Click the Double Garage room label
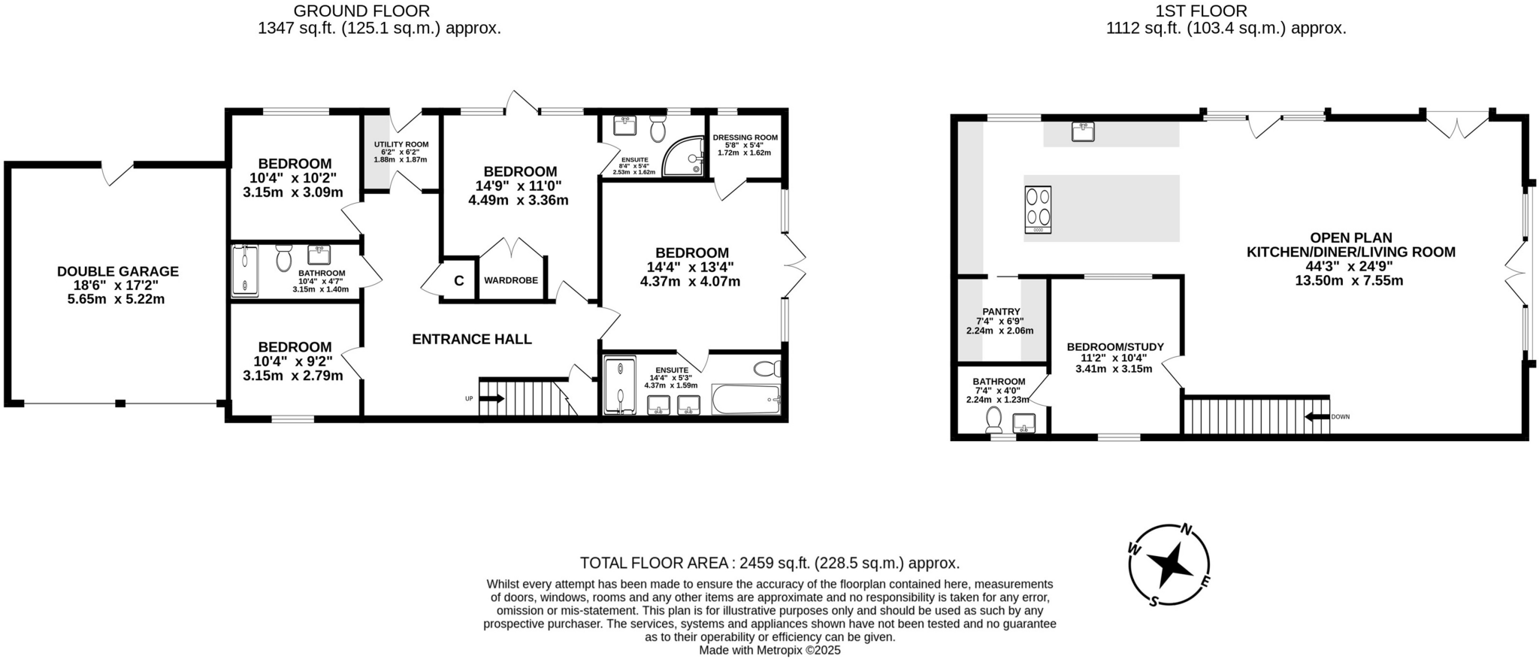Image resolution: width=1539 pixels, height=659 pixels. [x=118, y=271]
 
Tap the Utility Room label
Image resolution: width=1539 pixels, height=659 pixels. [x=401, y=144]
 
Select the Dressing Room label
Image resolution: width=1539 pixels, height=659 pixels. [x=745, y=138]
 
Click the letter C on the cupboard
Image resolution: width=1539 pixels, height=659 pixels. [x=458, y=281]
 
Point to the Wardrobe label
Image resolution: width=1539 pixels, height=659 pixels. [x=511, y=280]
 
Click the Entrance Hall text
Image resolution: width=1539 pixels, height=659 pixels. [x=472, y=339]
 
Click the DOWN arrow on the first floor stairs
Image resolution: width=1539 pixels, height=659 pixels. [x=1317, y=416]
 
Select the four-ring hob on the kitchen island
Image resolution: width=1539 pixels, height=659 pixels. [x=1038, y=210]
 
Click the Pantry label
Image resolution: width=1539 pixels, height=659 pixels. [x=1001, y=311]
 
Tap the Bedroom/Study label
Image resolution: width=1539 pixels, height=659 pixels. [x=1115, y=346]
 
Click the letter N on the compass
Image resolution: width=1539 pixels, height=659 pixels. [x=1187, y=529]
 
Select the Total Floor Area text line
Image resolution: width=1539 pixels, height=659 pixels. [x=769, y=563]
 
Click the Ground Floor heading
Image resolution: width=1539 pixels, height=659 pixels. [x=361, y=11]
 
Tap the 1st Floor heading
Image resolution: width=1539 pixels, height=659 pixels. [x=1211, y=11]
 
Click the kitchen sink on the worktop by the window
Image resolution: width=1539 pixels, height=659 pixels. [x=1082, y=132]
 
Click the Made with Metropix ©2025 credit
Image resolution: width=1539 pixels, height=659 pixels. [x=769, y=650]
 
